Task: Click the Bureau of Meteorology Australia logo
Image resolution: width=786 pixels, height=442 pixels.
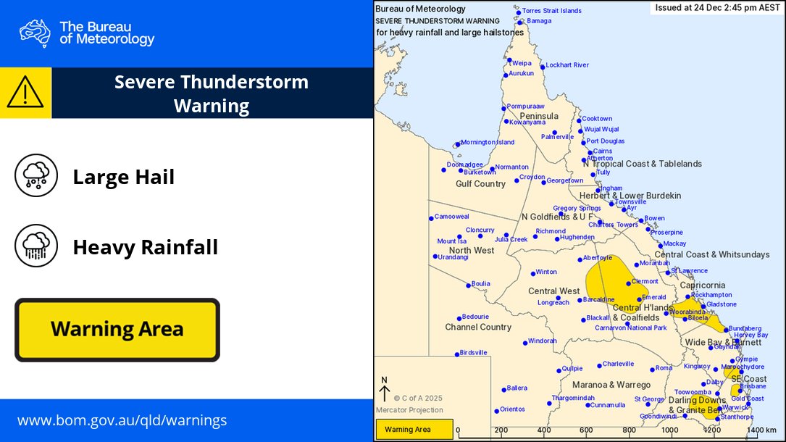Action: point(35,33)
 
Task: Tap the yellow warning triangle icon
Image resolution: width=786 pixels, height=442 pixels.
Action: point(25,93)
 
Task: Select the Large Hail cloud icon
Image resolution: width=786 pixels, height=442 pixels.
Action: point(36,175)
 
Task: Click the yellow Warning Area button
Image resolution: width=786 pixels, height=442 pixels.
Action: point(117,330)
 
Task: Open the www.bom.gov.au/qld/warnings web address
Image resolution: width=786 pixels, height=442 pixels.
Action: point(122,420)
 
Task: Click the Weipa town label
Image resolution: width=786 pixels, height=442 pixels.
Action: point(522,64)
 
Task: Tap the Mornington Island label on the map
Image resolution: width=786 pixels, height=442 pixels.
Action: point(488,143)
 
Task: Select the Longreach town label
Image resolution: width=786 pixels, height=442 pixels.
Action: point(553,303)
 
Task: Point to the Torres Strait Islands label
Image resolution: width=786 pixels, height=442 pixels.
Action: point(552,12)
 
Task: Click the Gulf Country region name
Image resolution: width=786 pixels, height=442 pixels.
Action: point(480,184)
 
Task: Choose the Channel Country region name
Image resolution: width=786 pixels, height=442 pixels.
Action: point(478,328)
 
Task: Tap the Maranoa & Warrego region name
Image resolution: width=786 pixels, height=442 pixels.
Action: point(611,385)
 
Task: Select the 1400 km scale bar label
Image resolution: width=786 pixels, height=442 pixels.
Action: point(761,430)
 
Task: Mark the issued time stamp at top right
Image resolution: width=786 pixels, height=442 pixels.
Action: point(713,8)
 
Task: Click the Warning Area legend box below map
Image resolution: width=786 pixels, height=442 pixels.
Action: point(414,430)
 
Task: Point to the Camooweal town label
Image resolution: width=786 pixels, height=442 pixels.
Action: point(452,217)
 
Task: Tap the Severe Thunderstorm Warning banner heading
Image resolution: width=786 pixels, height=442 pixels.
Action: point(212,93)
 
